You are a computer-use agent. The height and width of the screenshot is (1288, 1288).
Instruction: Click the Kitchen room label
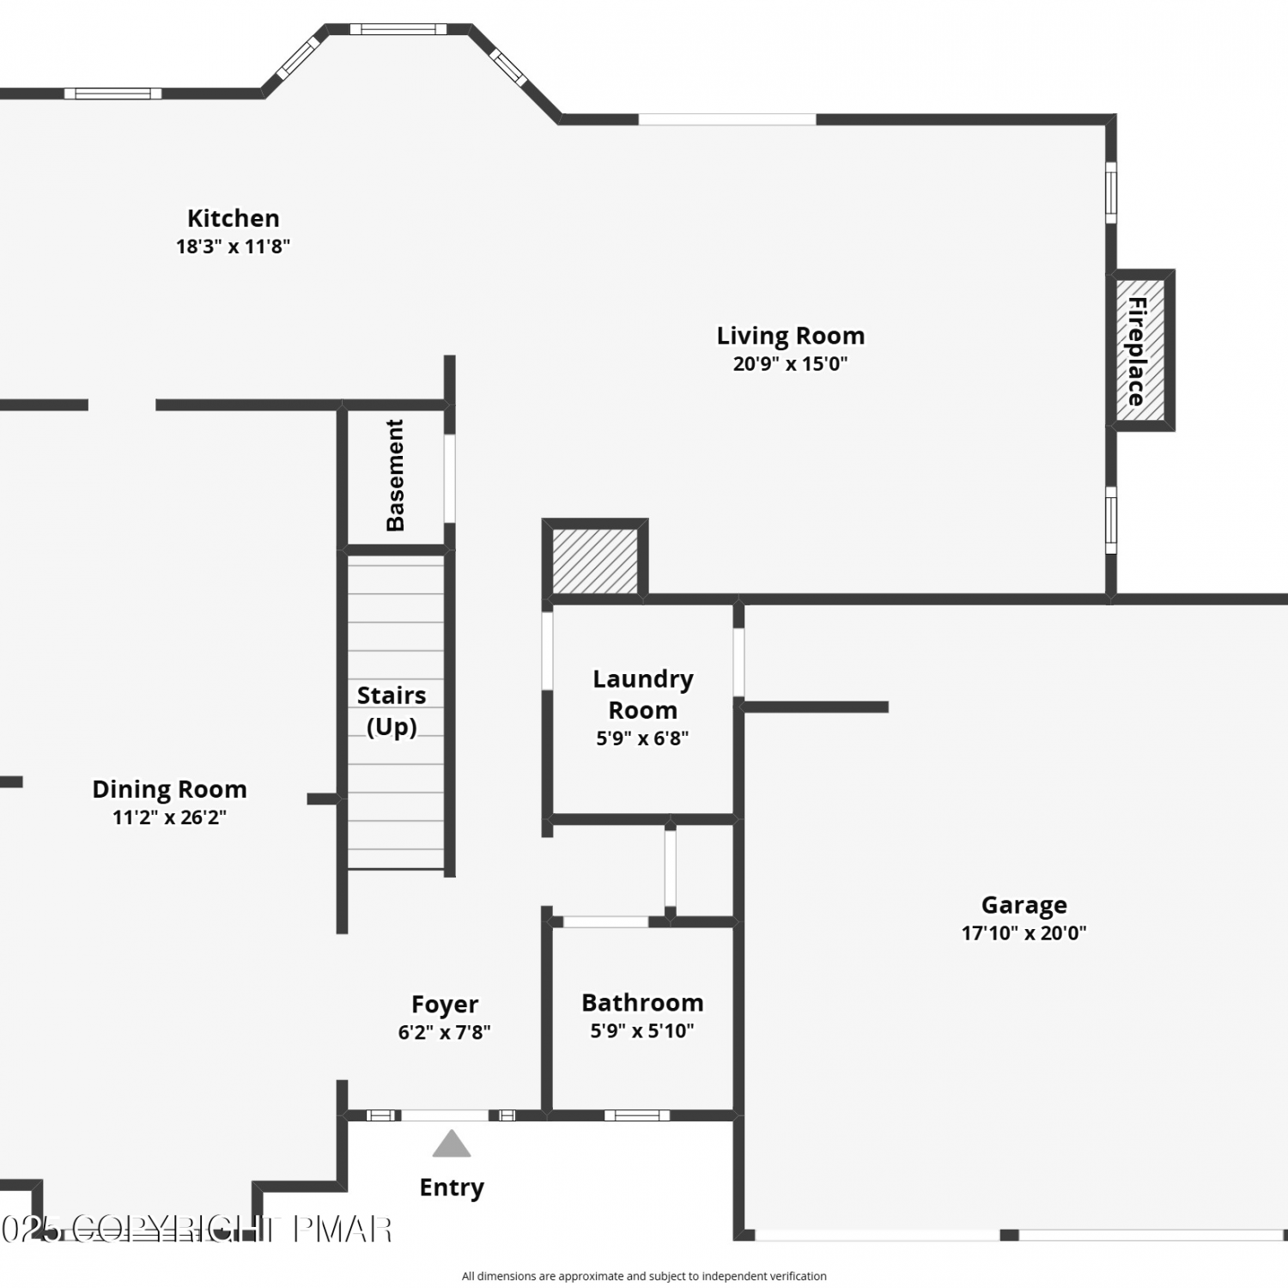click(x=234, y=219)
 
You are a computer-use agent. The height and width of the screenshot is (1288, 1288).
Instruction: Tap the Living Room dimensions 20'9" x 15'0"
click(x=790, y=364)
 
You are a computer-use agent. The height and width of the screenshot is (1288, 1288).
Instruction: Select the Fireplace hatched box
click(x=1140, y=350)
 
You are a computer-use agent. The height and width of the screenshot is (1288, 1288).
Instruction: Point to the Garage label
click(x=1024, y=906)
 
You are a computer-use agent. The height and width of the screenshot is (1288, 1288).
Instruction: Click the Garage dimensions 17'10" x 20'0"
click(x=1024, y=933)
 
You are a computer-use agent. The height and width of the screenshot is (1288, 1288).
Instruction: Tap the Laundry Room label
click(x=643, y=695)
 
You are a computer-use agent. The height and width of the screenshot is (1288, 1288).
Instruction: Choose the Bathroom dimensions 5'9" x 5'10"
click(x=642, y=1031)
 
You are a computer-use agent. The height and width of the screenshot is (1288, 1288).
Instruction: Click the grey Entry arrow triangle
click(x=452, y=1144)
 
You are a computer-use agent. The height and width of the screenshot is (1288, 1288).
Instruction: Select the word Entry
click(x=452, y=1188)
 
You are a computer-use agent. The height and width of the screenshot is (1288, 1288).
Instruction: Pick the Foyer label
click(x=445, y=1005)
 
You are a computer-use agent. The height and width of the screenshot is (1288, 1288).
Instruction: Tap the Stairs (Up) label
click(x=392, y=711)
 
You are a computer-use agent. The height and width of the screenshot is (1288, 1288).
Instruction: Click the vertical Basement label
click(x=395, y=476)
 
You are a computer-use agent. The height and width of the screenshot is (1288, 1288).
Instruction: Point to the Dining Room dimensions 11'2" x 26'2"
click(x=170, y=817)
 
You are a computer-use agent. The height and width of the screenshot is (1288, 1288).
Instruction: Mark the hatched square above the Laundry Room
click(x=595, y=561)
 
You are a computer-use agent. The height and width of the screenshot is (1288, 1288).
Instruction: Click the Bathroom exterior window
click(x=637, y=1115)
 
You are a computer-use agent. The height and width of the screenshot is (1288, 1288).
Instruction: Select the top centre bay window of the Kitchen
click(x=398, y=29)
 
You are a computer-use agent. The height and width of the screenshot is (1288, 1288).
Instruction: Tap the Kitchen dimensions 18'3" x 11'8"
click(x=234, y=247)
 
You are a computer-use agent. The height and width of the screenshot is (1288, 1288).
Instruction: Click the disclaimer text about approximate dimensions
click(x=644, y=1277)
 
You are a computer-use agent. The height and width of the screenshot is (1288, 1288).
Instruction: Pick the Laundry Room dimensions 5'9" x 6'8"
click(x=642, y=738)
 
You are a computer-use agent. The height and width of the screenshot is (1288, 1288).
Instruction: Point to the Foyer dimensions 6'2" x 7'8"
click(x=445, y=1033)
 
